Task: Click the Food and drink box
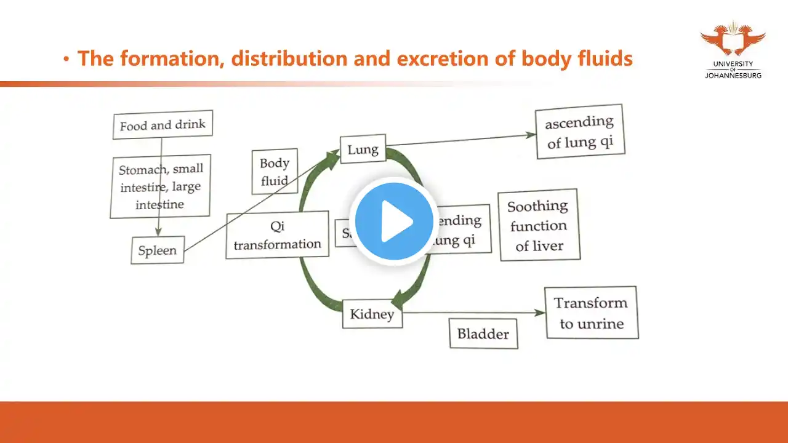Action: pos(163,125)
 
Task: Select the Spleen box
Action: pos(157,250)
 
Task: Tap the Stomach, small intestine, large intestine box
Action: pos(160,186)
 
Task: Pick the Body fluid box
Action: pos(275,172)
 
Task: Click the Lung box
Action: pos(363,149)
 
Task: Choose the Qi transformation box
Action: pos(277,235)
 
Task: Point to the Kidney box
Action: pos(372,314)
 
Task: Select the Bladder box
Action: pos(483,334)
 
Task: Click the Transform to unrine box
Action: pos(591,313)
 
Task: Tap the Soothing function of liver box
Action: pos(539,225)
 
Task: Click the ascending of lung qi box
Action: pos(579,132)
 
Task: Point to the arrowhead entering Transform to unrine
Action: pos(541,313)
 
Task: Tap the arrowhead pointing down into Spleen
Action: pos(158,232)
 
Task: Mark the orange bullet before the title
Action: pos(66,59)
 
